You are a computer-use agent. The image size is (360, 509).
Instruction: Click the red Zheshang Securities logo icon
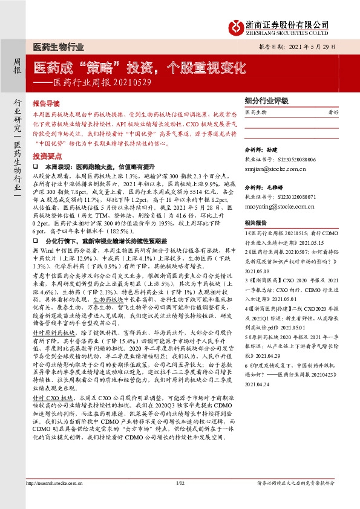pyautogui.click(x=234, y=27)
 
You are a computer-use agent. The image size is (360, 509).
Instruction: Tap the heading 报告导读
pyautogui.click(x=47, y=103)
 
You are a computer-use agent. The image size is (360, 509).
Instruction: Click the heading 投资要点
pyautogui.click(x=47, y=155)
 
